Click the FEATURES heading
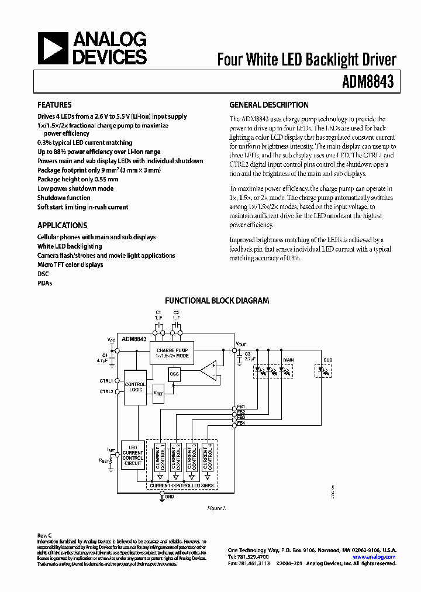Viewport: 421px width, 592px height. point(55,105)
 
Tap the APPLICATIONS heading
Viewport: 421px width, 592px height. point(62,225)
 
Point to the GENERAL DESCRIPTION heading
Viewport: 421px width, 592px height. point(268,105)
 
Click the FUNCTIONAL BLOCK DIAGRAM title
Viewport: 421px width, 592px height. point(217,301)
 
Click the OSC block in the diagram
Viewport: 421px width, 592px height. point(175,374)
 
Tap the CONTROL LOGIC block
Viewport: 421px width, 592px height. point(135,387)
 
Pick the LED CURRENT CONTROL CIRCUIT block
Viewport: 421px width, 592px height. point(133,455)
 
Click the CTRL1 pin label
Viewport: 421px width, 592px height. point(106,380)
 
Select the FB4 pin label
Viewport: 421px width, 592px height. point(241,422)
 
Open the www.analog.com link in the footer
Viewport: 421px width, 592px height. point(375,557)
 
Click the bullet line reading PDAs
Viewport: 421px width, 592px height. point(44,283)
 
